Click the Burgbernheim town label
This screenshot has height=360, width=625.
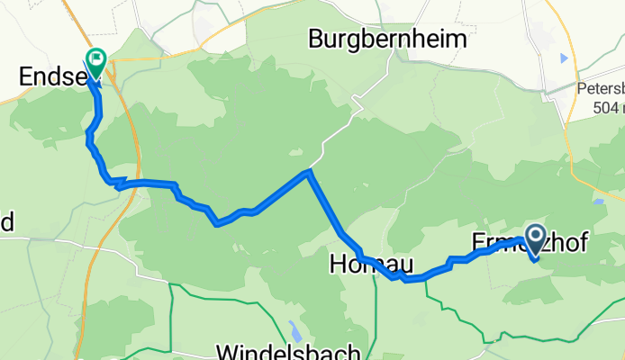click(x=388, y=39)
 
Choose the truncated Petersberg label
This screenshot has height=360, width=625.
click(x=600, y=90)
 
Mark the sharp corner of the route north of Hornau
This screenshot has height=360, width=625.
click(x=309, y=171)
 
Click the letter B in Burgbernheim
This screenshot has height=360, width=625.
click(x=316, y=40)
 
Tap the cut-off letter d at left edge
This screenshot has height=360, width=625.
click(x=5, y=222)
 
